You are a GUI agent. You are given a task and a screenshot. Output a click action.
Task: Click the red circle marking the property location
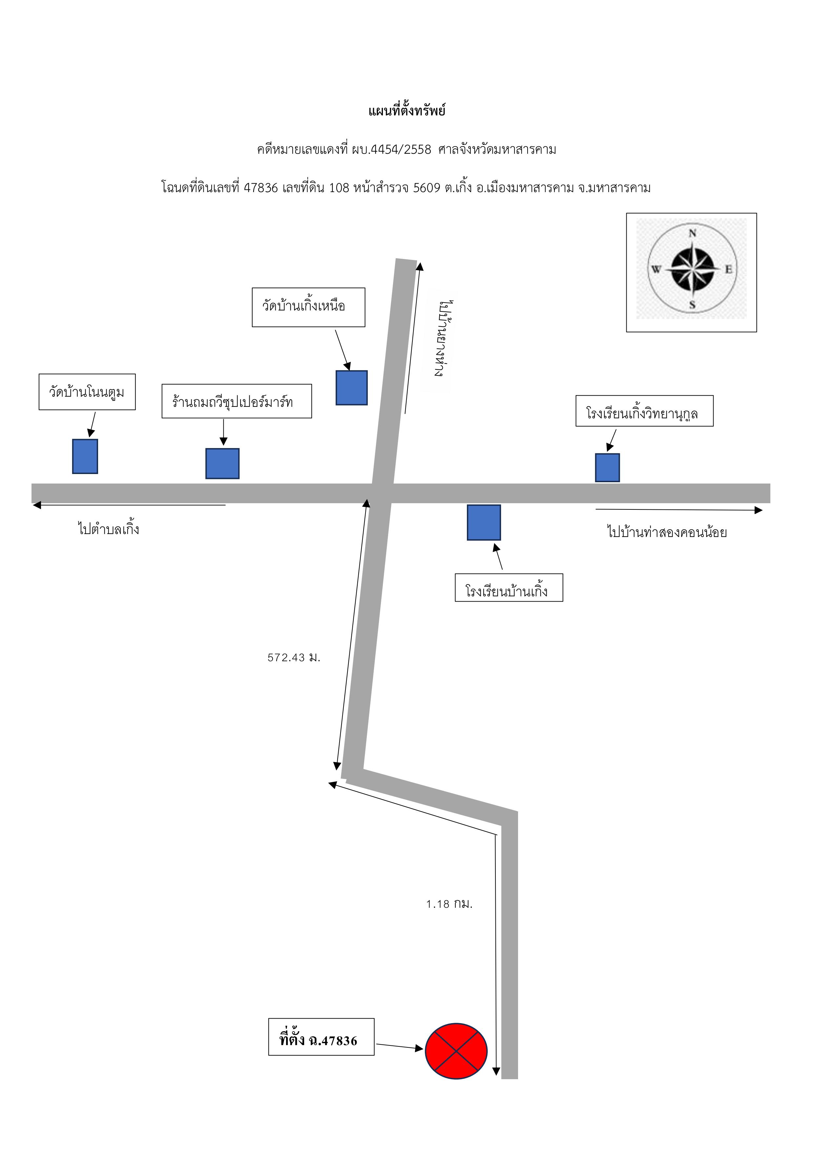(x=456, y=1050)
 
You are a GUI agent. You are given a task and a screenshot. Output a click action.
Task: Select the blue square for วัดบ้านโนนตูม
(x=85, y=456)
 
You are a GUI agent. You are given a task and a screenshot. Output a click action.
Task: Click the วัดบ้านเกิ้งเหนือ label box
(x=308, y=307)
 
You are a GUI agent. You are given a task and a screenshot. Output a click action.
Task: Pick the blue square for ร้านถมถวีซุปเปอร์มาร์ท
(x=222, y=463)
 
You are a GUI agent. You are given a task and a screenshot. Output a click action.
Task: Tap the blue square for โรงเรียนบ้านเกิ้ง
(x=484, y=523)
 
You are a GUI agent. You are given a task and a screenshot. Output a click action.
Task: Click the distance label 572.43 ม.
(x=294, y=658)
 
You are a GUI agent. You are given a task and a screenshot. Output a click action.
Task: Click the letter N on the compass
(x=692, y=233)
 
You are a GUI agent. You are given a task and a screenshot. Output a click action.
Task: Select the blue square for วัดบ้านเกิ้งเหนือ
(x=351, y=388)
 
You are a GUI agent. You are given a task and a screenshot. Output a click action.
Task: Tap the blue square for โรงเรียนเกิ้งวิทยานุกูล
(x=608, y=468)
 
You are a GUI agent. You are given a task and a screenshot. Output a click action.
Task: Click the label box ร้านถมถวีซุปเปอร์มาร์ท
(x=237, y=401)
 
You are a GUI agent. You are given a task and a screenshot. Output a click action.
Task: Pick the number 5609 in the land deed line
(x=427, y=188)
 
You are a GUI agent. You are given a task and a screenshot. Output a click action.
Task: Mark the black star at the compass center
(x=692, y=269)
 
